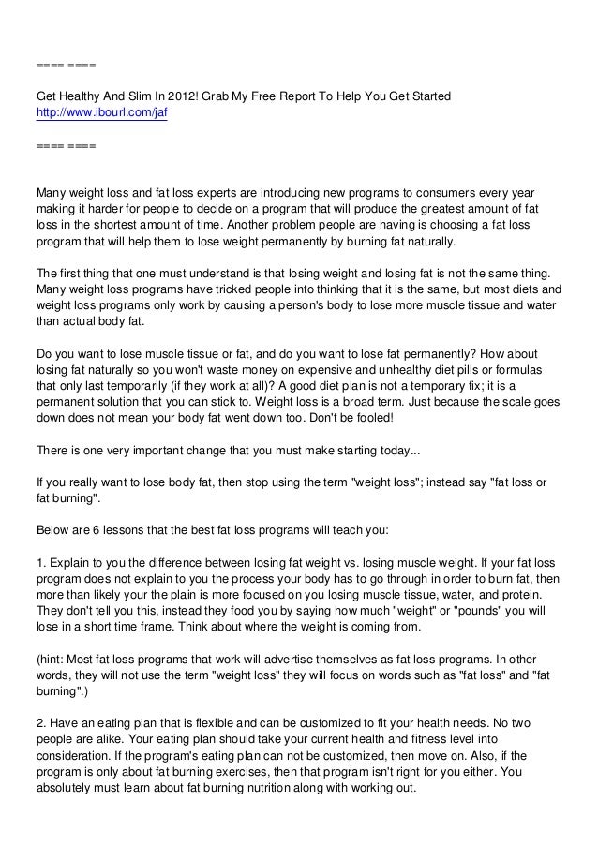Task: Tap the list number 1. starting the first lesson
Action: (x=41, y=562)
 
